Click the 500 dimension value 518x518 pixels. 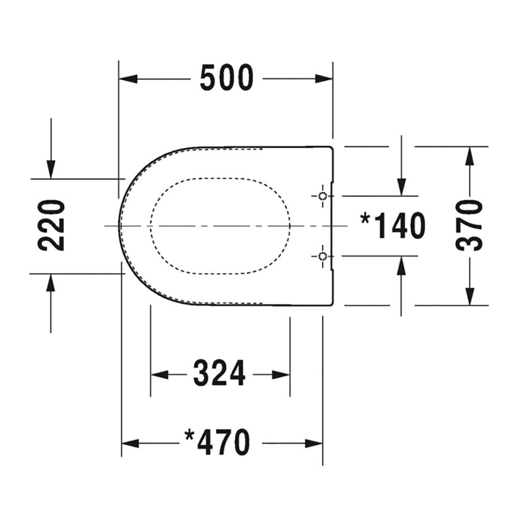[x=227, y=78]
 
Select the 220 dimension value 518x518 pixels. [x=51, y=226]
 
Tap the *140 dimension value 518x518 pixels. [x=393, y=226]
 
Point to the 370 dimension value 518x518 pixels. [x=469, y=226]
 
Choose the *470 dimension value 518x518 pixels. [x=217, y=442]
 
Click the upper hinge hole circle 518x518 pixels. [x=323, y=196]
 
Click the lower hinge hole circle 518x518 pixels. [x=323, y=256]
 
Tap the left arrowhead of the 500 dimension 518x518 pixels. [x=128, y=79]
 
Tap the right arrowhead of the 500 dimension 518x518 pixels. [x=324, y=79]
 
